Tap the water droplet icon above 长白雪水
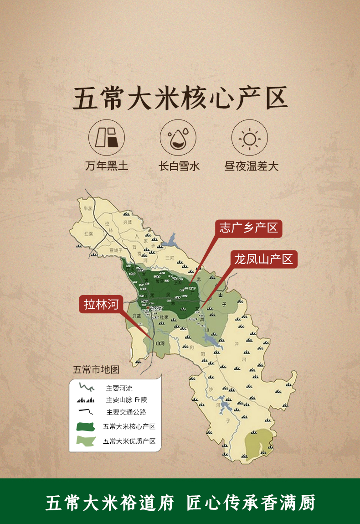(x=178, y=137)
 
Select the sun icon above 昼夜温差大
(x=250, y=137)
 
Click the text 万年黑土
(x=107, y=166)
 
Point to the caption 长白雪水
(x=179, y=166)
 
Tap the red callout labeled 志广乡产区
(x=248, y=228)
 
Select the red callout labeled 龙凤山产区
(x=263, y=259)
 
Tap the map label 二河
(x=170, y=258)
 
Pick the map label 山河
(x=159, y=343)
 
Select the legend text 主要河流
(x=119, y=389)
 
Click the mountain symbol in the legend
(x=86, y=400)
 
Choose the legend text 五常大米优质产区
(x=129, y=441)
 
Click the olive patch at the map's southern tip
(x=258, y=442)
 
